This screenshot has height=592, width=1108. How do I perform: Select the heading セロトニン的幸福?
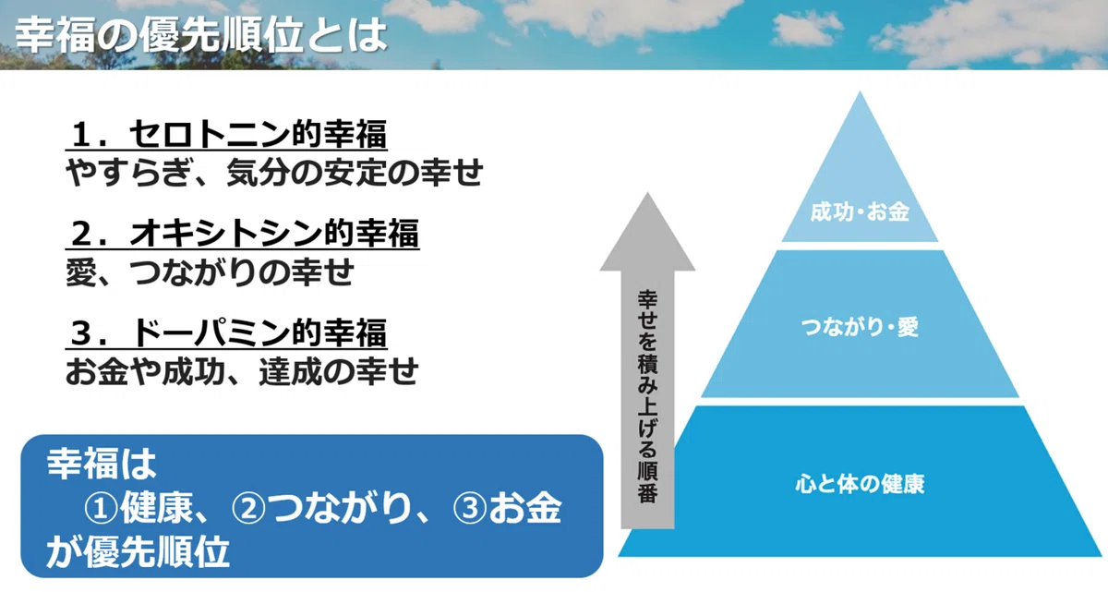258,136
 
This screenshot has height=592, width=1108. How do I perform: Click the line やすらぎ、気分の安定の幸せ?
274,173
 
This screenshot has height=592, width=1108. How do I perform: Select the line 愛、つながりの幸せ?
211,272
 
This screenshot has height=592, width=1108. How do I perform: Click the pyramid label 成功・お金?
861,212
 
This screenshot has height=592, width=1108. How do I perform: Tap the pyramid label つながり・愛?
861,327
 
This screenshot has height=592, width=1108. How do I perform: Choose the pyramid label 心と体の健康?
861,482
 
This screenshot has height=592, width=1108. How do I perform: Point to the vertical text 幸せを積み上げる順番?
647,397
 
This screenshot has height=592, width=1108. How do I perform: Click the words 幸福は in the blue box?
102,464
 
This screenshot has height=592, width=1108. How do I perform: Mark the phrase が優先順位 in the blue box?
138,550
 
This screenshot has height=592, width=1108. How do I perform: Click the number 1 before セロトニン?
81,136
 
